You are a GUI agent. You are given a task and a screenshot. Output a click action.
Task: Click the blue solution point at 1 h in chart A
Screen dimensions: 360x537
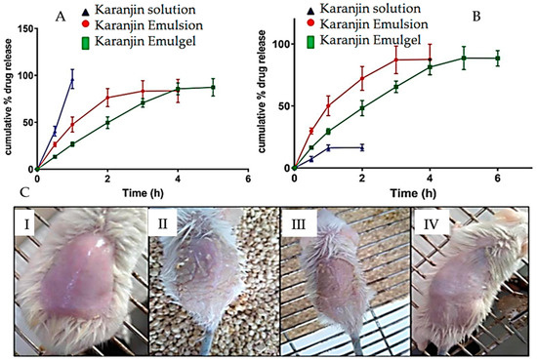click(x=71, y=81)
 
